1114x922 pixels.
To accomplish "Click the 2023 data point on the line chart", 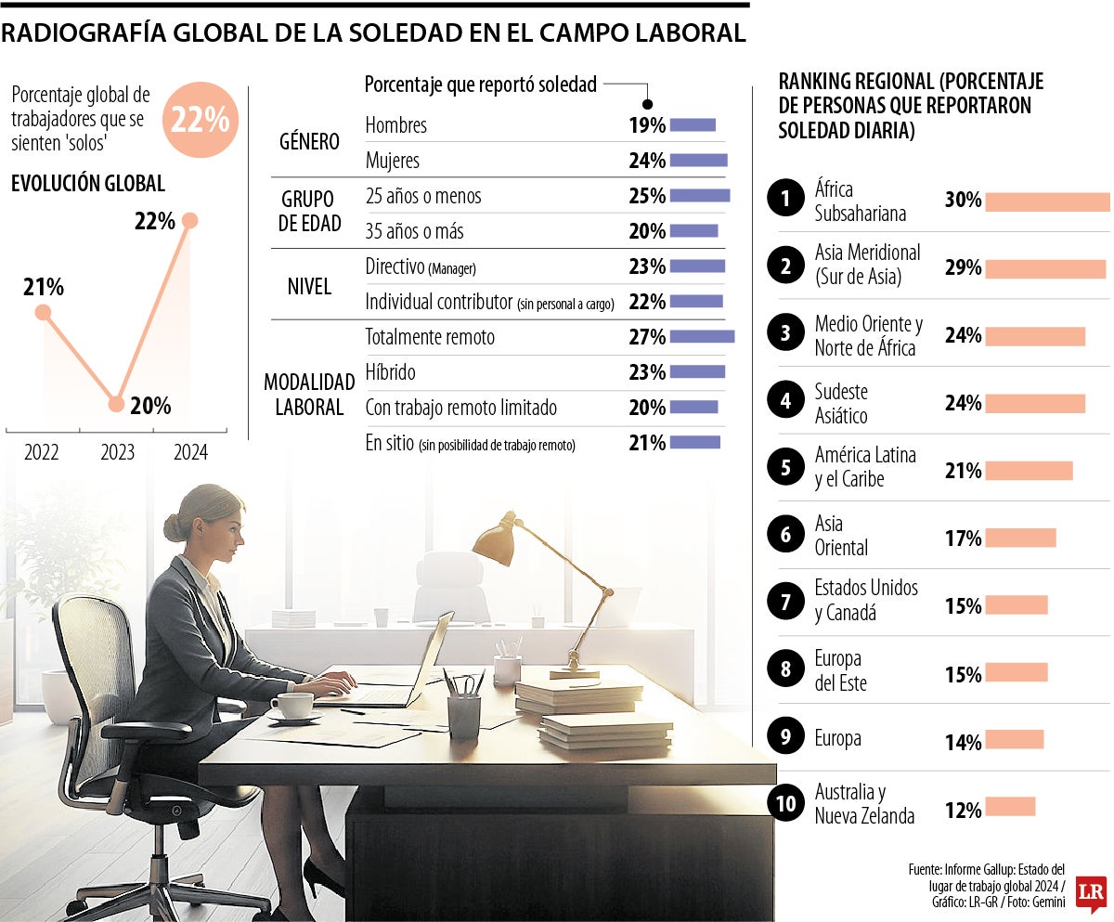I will tap(116, 404).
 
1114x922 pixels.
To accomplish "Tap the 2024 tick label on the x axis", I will tap(190, 453).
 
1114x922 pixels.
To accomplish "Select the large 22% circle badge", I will tap(201, 120).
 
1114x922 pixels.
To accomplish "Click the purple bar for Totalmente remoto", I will tap(702, 336).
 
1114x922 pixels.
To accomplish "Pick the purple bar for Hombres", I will tap(693, 124).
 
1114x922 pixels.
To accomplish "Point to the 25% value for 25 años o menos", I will tap(647, 196).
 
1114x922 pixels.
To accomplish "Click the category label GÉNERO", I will tap(309, 142).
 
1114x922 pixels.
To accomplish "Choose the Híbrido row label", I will tap(391, 372).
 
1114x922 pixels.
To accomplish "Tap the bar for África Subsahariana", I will tap(1047, 201).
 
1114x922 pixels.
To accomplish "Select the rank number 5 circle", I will tap(786, 467).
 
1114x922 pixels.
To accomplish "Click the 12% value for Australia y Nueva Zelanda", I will tap(963, 811).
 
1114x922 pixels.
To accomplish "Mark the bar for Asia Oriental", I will tap(1020, 538).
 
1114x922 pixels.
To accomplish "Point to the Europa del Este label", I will tap(838, 671).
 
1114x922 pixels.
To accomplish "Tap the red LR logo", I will tap(1091, 893).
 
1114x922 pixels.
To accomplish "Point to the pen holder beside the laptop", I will tap(463, 715).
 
